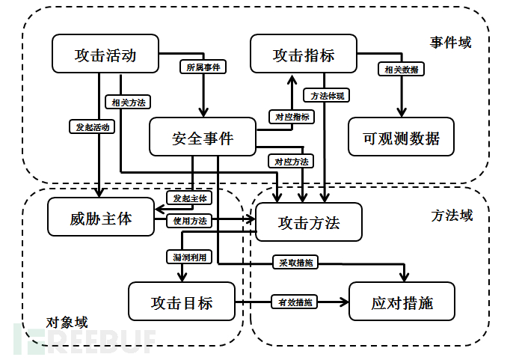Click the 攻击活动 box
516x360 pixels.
(x=105, y=55)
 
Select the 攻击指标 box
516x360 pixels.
(x=303, y=55)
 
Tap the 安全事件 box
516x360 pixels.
(x=202, y=138)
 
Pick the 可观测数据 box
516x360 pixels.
(x=401, y=137)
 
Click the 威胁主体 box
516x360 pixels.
(x=100, y=218)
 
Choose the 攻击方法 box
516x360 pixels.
(x=309, y=222)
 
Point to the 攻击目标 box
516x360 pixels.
(x=182, y=302)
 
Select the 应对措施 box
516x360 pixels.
(x=402, y=302)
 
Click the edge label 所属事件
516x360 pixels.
(x=203, y=67)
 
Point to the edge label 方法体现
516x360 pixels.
(x=327, y=96)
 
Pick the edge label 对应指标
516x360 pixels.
(x=291, y=117)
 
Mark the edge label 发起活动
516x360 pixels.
(x=92, y=126)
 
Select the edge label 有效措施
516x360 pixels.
(x=293, y=302)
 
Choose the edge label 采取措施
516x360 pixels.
(x=295, y=263)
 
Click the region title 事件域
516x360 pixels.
(x=451, y=43)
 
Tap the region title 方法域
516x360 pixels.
(x=452, y=216)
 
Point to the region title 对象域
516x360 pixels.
(x=67, y=323)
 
